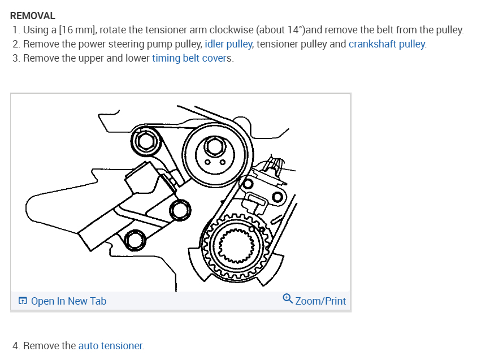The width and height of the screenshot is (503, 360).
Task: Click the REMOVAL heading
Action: point(33,16)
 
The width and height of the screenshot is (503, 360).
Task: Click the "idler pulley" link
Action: point(229,44)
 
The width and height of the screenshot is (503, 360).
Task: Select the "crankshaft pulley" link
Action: point(387,44)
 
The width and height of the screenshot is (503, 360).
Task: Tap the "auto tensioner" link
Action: point(111,345)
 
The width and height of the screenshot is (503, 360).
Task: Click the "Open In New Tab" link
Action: point(68,301)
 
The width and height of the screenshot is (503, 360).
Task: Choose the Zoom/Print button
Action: point(320,301)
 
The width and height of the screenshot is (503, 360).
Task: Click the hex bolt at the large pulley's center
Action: point(213,148)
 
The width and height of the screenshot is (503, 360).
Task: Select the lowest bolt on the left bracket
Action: point(135,240)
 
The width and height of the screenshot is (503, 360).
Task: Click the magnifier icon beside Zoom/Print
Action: point(287,300)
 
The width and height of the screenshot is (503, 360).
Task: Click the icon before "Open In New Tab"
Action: point(23,301)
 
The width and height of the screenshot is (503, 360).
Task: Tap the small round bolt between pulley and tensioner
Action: point(181,210)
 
